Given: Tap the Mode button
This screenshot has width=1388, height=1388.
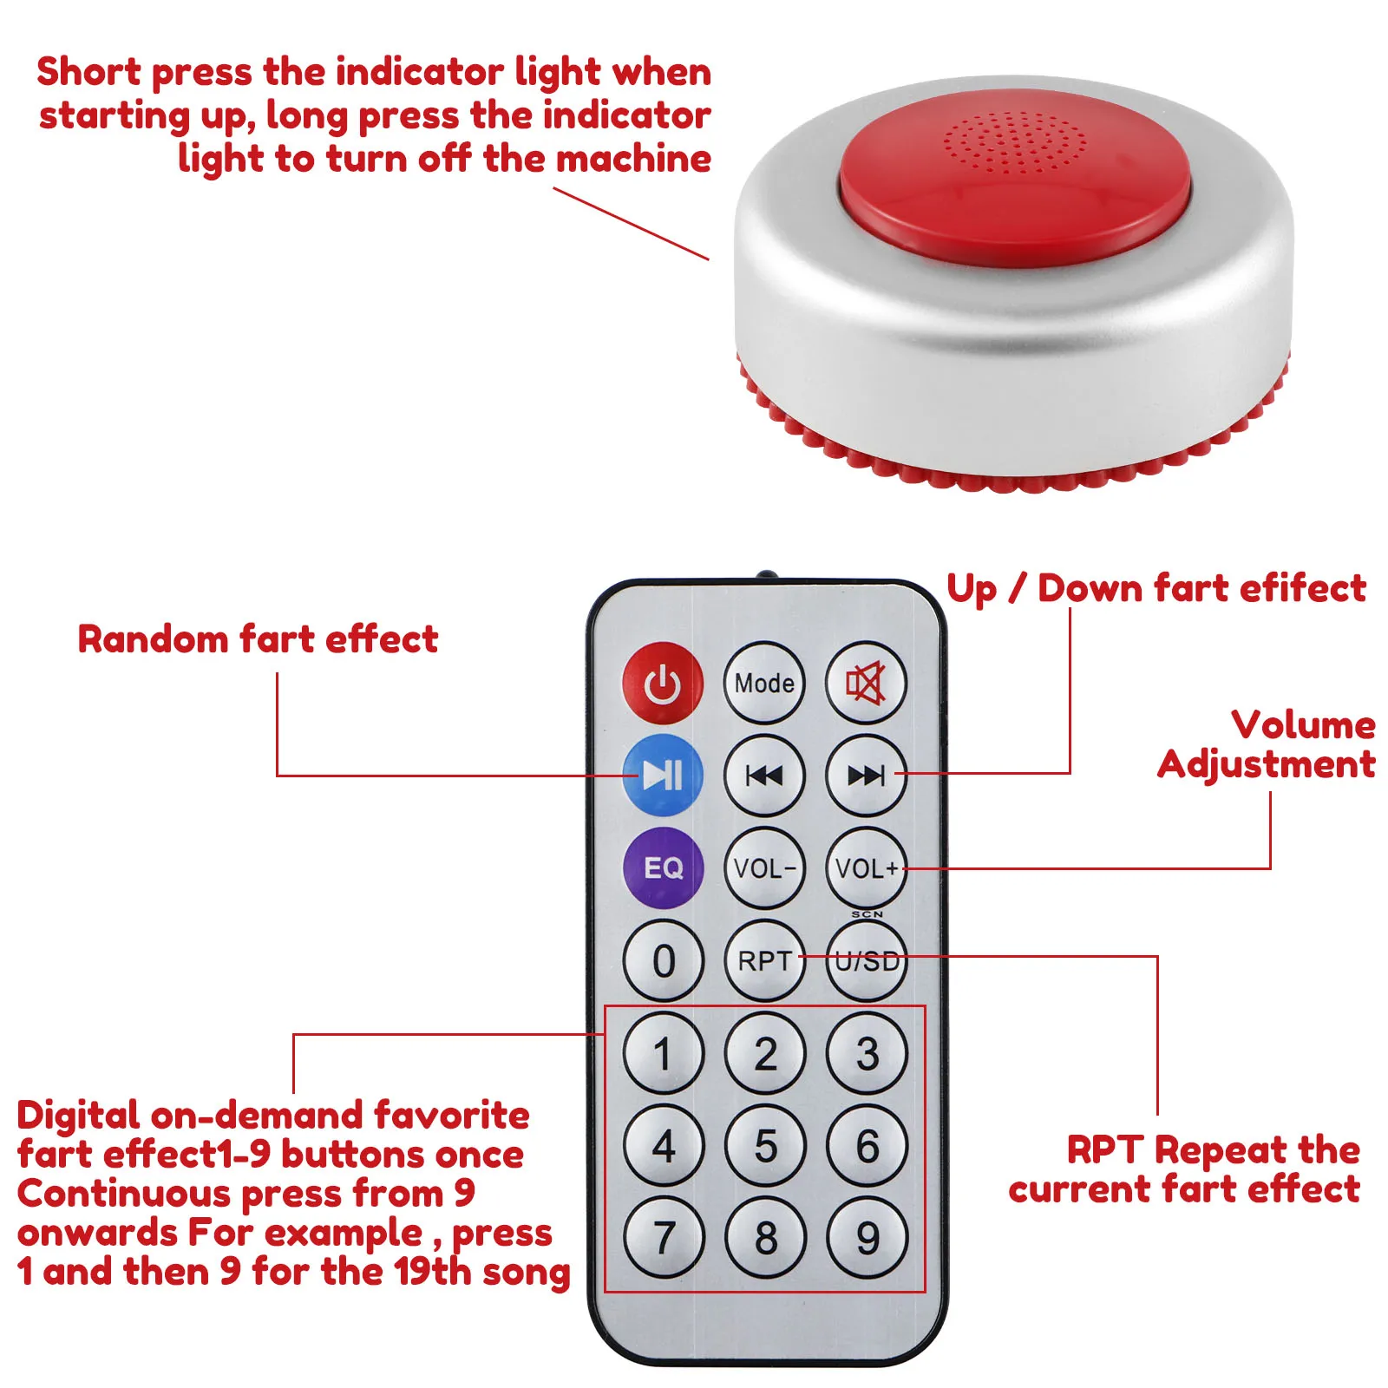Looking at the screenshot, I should [x=763, y=683].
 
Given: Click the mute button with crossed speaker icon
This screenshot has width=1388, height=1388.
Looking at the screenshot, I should [x=865, y=683].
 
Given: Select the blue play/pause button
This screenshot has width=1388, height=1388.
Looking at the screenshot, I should [x=663, y=775].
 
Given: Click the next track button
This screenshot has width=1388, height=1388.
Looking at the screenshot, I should [x=865, y=775].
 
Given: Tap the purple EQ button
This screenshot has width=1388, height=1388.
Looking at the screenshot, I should [x=663, y=867].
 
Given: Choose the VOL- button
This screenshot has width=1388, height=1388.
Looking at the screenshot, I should [x=763, y=867].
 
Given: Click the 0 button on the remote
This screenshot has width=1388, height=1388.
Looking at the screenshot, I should [x=663, y=960].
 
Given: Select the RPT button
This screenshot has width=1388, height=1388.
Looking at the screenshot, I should [x=763, y=960].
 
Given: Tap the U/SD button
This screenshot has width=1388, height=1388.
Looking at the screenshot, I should [x=865, y=960].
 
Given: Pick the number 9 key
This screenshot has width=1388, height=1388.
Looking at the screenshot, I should [x=867, y=1237].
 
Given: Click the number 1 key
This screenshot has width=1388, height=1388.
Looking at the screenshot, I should [x=663, y=1053].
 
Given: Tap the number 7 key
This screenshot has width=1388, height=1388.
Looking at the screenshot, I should [x=663, y=1237].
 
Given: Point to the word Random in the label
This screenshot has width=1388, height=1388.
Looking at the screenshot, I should [x=153, y=639].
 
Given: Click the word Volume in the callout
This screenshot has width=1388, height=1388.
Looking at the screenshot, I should [x=1303, y=724].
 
